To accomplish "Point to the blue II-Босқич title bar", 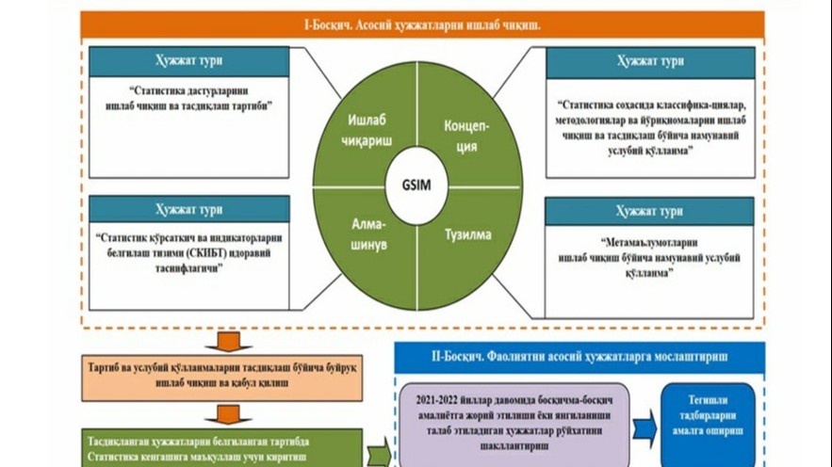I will pyautogui.click(x=578, y=358).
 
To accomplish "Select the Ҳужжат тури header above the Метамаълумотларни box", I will pyautogui.click(x=650, y=210).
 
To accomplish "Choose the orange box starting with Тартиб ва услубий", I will pyautogui.click(x=229, y=376).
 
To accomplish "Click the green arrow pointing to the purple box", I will pyautogui.click(x=379, y=452).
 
